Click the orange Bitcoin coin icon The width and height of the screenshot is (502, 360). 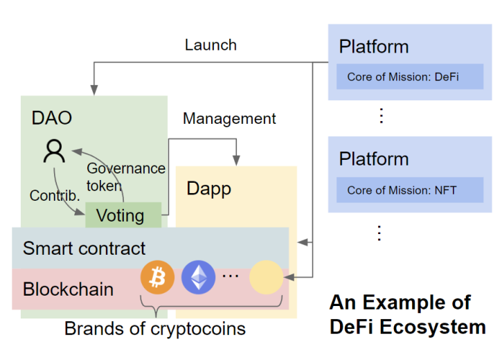point(157,278)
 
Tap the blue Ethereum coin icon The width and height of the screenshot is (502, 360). point(198,278)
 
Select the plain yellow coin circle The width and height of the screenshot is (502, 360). point(267,278)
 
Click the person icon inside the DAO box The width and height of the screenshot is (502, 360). point(53,151)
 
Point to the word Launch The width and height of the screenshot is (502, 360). point(210,45)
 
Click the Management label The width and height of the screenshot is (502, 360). point(229,118)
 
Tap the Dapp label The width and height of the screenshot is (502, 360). point(208,188)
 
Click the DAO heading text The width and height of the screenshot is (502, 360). point(51,118)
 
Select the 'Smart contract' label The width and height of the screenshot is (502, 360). point(84,248)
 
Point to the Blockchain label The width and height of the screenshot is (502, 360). point(68,289)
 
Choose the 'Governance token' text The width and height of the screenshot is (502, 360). point(125,177)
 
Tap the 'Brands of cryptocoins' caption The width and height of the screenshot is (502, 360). point(154,327)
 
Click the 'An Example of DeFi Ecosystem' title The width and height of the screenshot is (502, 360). point(407,314)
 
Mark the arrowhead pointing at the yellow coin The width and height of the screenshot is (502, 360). point(288,278)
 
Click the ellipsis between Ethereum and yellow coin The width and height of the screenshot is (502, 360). point(230,276)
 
